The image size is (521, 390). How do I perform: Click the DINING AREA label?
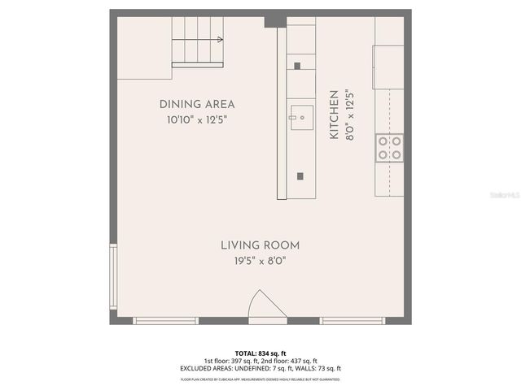click(x=197, y=104)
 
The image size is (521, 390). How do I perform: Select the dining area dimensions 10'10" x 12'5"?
click(x=197, y=119)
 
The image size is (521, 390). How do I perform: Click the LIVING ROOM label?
click(x=260, y=245)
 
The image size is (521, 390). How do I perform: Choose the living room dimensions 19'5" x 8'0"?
click(x=260, y=261)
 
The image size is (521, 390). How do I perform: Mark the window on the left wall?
click(x=113, y=279)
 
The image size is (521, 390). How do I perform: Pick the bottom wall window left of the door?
click(x=165, y=320)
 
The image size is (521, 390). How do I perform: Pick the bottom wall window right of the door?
click(x=352, y=320)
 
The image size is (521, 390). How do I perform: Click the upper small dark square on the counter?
click(x=297, y=66)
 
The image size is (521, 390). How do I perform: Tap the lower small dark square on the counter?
click(x=300, y=175)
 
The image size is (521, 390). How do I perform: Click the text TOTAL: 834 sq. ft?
click(x=260, y=353)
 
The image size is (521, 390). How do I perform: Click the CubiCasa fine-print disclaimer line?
click(x=260, y=379)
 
